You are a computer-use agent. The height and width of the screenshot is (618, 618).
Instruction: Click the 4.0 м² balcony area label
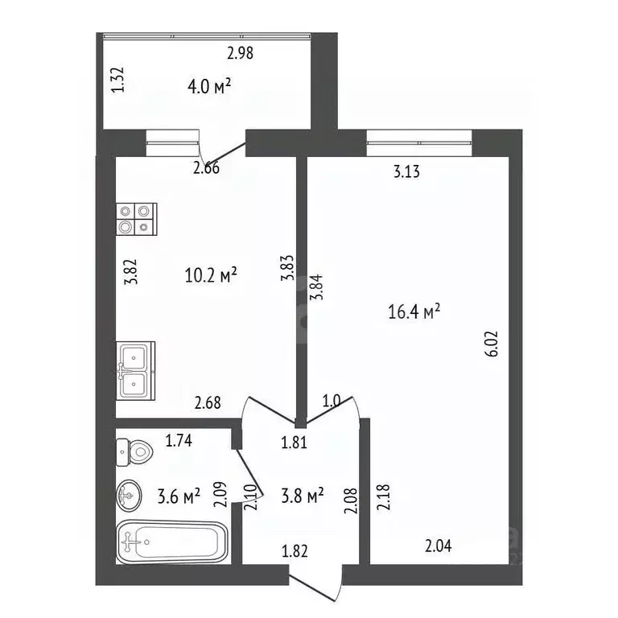pos(209,86)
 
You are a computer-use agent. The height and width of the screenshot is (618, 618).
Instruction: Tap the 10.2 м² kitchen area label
pos(211,274)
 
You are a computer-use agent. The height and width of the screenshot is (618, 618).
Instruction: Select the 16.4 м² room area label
pos(414,311)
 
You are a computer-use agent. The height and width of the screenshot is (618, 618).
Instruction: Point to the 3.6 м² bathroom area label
pos(179,496)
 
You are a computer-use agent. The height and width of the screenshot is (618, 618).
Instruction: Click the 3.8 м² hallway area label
pos(303,496)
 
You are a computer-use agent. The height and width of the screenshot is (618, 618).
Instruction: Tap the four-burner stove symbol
pos(136,219)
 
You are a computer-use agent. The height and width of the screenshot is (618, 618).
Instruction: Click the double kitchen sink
pos(135,371)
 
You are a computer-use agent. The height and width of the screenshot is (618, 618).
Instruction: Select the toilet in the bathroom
pos(134,452)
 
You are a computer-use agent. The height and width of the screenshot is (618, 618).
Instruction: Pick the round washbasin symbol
pos(129,496)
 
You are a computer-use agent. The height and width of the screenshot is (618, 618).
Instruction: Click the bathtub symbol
pos(172,542)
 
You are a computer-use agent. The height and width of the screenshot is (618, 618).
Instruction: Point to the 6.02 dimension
pos(492,344)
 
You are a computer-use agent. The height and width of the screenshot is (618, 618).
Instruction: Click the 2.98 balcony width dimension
pos(240,53)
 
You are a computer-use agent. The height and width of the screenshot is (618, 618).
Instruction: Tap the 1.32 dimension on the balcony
pos(117,80)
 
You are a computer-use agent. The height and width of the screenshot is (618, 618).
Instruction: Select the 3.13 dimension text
pos(406,172)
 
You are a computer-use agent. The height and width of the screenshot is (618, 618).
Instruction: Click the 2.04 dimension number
pos(439,546)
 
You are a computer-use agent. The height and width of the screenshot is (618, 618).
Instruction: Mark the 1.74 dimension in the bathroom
pos(179,441)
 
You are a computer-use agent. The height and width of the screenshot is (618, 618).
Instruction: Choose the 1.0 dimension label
pos(331,401)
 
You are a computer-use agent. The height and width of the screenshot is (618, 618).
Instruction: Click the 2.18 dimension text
pos(383,497)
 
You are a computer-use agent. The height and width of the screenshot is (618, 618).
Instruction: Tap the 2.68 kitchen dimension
pos(208,403)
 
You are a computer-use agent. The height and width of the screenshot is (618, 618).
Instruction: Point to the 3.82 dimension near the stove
pos(130,271)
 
